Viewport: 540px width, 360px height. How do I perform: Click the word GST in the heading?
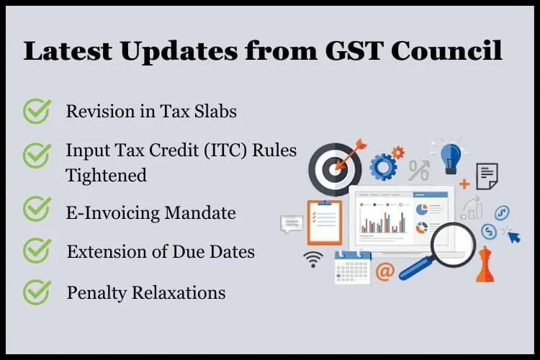click(354, 51)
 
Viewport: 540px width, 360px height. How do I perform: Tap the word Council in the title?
click(446, 50)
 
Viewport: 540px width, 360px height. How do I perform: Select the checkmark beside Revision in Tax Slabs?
click(37, 112)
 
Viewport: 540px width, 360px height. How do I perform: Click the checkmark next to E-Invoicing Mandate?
click(37, 209)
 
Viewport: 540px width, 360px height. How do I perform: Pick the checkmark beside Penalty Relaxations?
click(37, 292)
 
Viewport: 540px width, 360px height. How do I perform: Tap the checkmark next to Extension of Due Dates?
click(37, 251)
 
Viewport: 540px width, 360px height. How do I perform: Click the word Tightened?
click(106, 176)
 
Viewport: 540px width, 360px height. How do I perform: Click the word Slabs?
click(215, 112)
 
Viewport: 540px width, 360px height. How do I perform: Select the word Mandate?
click(200, 212)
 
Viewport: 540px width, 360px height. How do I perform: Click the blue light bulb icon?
click(451, 158)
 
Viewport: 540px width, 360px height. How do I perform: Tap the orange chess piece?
click(485, 264)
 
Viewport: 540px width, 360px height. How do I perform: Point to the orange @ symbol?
click(384, 271)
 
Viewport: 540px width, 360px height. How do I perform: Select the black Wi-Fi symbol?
click(313, 260)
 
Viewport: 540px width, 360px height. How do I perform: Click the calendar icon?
click(353, 268)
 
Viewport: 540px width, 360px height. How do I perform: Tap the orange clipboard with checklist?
click(325, 222)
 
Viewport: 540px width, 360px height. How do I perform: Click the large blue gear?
click(382, 167)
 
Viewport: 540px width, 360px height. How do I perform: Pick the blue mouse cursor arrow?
click(514, 237)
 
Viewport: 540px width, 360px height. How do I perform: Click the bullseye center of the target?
click(333, 169)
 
